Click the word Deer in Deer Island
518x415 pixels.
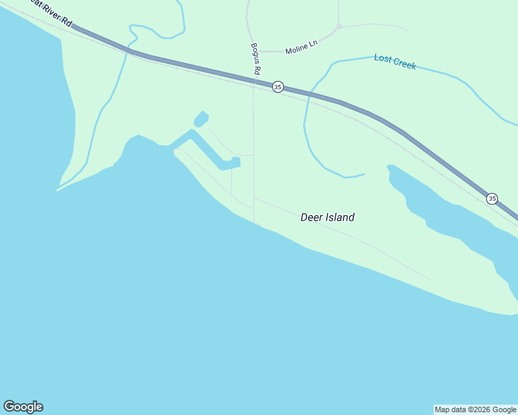312,217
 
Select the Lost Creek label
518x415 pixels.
395,61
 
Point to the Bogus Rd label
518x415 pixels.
256,59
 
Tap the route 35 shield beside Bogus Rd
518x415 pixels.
278,86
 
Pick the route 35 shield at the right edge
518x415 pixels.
492,199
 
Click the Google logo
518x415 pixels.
23,407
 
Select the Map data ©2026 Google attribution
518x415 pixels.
475,409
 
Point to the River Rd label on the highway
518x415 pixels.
53,18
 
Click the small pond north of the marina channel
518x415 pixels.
201,119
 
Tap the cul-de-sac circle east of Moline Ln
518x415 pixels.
339,27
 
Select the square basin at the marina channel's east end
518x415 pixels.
235,163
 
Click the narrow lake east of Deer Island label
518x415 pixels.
443,211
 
